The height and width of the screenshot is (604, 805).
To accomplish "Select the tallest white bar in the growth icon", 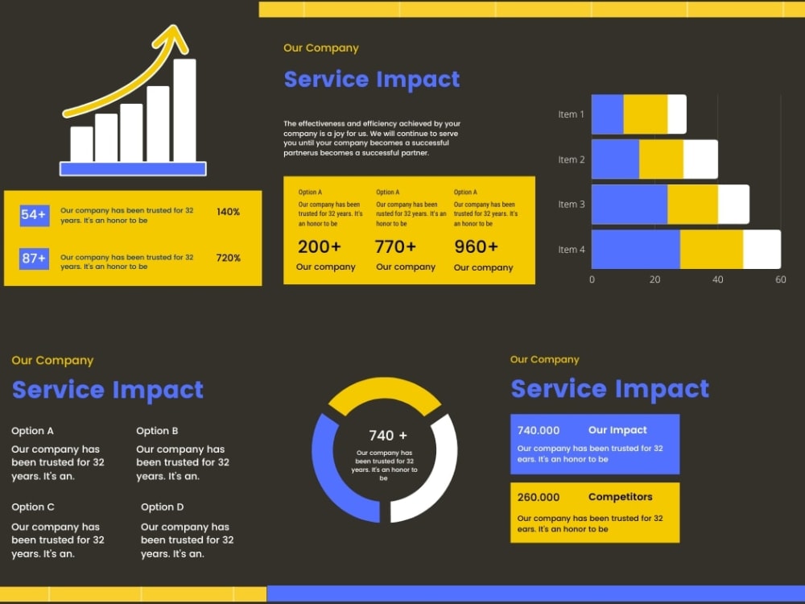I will [x=184, y=110].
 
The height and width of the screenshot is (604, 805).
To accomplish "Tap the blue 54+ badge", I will [x=35, y=215].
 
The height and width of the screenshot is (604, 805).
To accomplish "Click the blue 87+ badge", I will [x=35, y=259].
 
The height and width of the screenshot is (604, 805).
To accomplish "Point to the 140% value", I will [x=228, y=212].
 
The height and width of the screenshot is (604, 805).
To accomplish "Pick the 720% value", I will [x=228, y=258].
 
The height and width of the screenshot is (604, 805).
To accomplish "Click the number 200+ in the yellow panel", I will [x=320, y=246].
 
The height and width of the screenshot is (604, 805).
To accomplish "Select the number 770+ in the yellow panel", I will [x=395, y=246].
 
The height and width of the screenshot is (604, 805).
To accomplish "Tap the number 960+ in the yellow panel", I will [x=476, y=246].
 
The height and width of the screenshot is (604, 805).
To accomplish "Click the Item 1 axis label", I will [x=572, y=114].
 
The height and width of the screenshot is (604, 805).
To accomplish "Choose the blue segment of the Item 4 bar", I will [x=636, y=250].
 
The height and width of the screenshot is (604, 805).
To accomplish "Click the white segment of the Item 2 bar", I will [x=700, y=159].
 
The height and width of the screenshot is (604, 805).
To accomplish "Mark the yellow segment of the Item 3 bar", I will [x=692, y=205].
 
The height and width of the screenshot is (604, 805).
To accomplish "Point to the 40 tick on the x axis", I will [x=717, y=279].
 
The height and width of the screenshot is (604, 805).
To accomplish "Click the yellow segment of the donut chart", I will [x=385, y=393].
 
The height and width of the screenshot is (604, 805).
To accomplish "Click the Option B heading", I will [x=157, y=431].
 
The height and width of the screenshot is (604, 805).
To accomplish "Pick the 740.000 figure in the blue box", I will [x=539, y=430].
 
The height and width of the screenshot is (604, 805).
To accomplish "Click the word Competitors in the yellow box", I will [x=620, y=497].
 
